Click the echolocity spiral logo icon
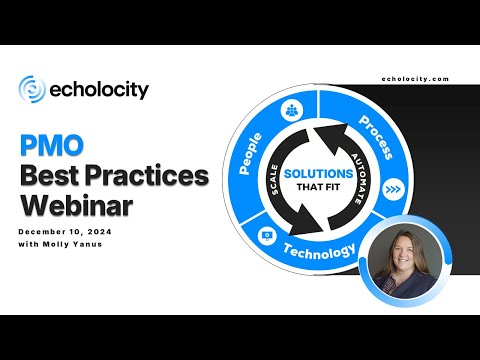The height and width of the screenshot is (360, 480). pyautogui.click(x=31, y=89)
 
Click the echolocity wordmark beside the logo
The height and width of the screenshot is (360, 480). pyautogui.click(x=98, y=89)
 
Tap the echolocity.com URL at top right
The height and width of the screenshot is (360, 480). pyautogui.click(x=415, y=78)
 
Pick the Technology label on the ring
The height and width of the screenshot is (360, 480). pyautogui.click(x=319, y=250)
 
